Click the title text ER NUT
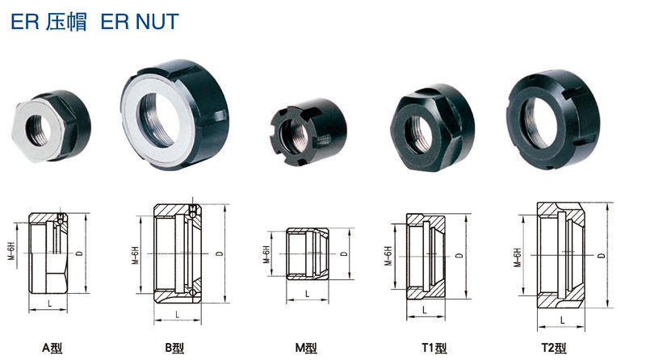140,22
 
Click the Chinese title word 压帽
67,22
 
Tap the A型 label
52,348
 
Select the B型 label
174,348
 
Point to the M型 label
306,348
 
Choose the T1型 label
434,348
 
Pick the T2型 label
554,348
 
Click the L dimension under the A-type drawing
50,304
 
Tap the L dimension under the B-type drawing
178,315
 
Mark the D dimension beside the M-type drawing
344,253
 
